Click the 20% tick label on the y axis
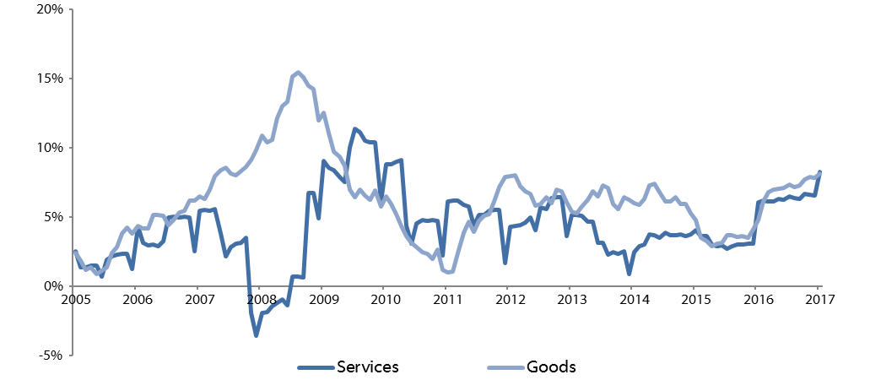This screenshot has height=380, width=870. (x=50, y=9)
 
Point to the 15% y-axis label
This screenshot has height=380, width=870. (x=50, y=79)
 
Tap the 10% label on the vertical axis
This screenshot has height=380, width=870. (x=50, y=148)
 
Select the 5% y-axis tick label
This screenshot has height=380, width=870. (x=53, y=217)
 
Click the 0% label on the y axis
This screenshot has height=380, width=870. (x=53, y=286)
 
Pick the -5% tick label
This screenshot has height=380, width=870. (x=51, y=355)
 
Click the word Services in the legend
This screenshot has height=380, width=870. (x=367, y=367)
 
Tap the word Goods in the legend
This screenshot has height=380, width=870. (x=551, y=367)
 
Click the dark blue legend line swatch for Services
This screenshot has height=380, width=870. (x=316, y=367)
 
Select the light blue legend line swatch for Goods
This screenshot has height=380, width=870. (x=505, y=367)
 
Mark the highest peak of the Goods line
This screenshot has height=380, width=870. (x=298, y=73)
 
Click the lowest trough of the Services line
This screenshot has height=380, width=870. (x=256, y=335)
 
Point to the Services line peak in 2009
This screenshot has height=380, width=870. (x=354, y=129)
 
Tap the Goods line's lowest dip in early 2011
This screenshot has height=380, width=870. (x=450, y=272)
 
